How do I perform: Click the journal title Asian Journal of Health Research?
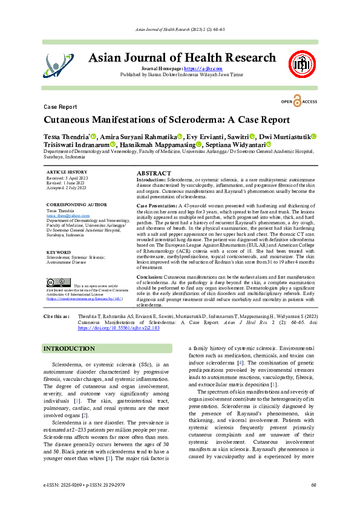coord(182,58)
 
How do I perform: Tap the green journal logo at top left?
coord(61,62)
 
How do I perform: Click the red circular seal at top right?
coord(304,62)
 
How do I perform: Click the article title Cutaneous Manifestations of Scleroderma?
coord(167,120)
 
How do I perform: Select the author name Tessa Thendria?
coord(66,137)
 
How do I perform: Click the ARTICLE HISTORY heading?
coord(66,172)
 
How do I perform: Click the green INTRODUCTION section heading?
coord(72,349)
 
